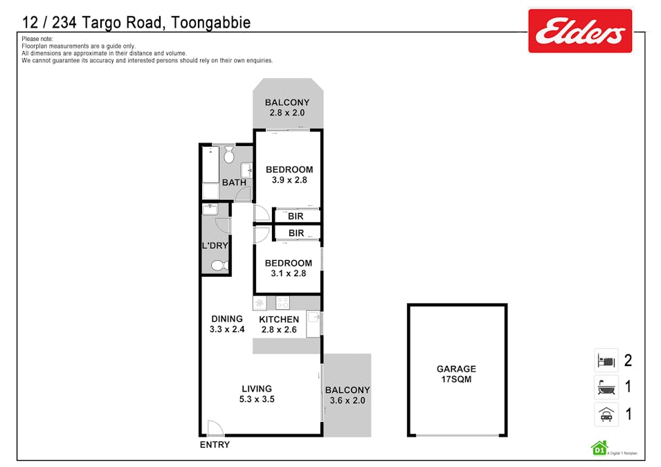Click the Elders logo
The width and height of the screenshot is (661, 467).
(x=579, y=30)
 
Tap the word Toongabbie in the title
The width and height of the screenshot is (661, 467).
(x=208, y=23)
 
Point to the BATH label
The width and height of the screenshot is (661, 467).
(x=233, y=183)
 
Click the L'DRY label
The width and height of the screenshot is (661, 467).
(x=215, y=246)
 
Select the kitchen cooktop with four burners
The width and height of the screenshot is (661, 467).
(x=282, y=302)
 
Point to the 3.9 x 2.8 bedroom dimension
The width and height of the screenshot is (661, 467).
(x=289, y=180)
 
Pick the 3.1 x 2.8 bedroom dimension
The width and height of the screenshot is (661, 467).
(x=288, y=273)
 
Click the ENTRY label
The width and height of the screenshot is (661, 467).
(x=215, y=445)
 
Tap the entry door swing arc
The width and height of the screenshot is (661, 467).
(x=215, y=428)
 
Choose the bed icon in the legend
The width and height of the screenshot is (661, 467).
(x=606, y=360)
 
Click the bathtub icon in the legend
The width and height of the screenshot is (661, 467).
(x=606, y=387)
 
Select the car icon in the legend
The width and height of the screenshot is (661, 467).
(x=606, y=414)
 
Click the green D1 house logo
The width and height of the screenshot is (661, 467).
(x=598, y=448)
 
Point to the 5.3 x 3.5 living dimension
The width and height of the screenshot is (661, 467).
(x=257, y=399)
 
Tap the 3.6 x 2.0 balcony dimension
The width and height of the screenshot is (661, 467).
(x=347, y=401)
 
